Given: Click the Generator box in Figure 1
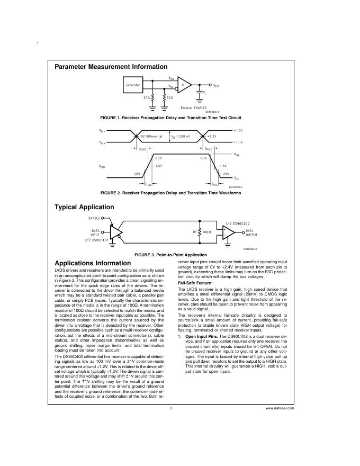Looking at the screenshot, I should (133, 85).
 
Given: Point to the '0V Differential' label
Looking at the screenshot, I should (153, 136).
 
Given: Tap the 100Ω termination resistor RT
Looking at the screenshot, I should (200, 232).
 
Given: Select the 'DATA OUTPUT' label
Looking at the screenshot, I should (250, 233).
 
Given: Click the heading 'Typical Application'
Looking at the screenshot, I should (84, 207).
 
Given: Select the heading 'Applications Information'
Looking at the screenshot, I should (93, 263).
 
